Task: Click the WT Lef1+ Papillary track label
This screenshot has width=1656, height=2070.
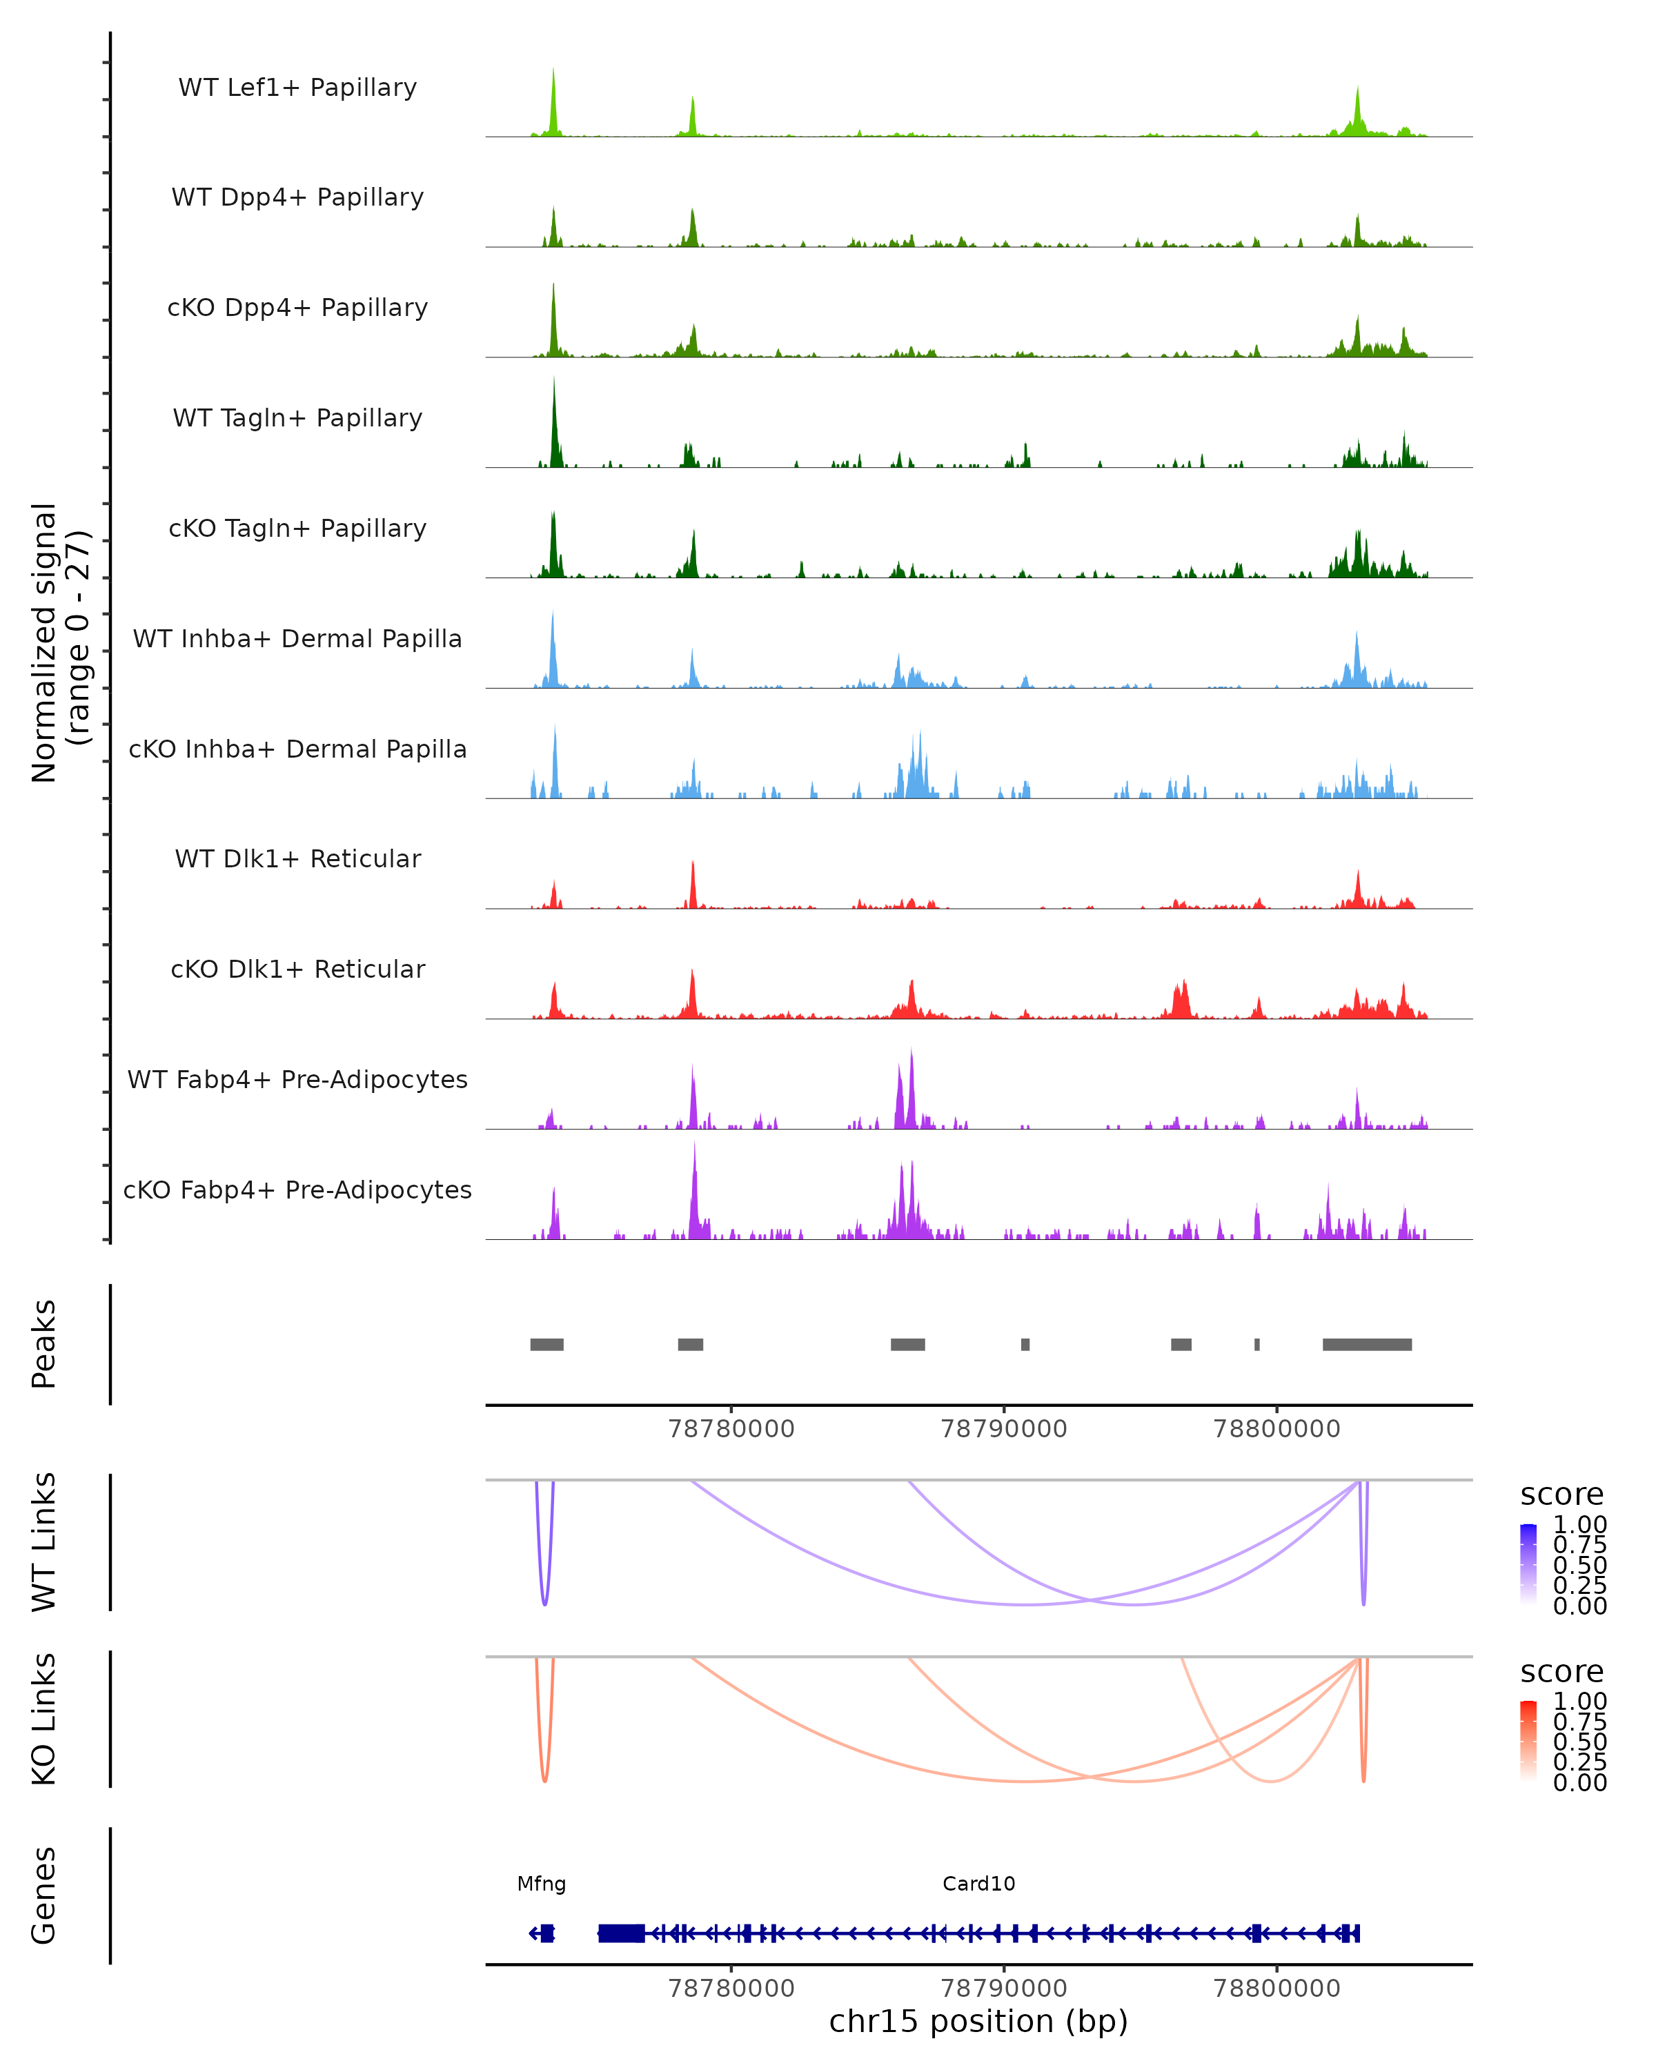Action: point(297,88)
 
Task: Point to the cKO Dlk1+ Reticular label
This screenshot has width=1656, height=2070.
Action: point(297,969)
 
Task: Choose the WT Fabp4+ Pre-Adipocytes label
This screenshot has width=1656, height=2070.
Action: point(297,1079)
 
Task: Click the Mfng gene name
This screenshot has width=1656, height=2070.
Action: point(542,1884)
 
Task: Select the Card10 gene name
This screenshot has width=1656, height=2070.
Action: point(978,1884)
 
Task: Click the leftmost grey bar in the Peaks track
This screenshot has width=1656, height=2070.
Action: point(546,1344)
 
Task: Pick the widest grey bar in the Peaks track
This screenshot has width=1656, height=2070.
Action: point(1367,1344)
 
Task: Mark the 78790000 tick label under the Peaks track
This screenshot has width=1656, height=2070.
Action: point(1004,1429)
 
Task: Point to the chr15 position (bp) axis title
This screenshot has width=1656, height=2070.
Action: point(978,2022)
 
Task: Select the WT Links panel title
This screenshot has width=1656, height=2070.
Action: point(44,1542)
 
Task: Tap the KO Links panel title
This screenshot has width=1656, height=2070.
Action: point(44,1719)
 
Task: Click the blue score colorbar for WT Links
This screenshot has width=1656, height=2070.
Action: point(1528,1563)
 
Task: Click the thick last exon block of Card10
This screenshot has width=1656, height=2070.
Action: point(621,1933)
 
